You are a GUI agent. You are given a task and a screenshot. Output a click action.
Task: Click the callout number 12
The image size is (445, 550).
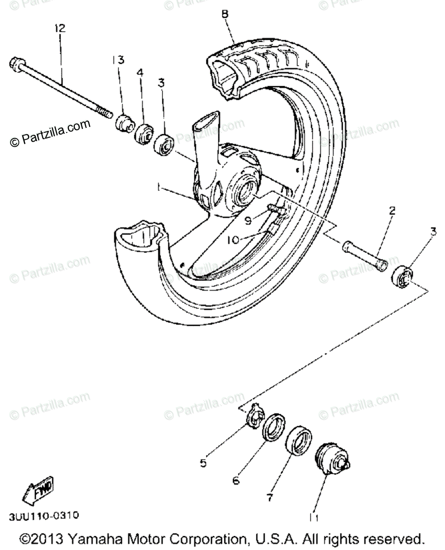(60, 28)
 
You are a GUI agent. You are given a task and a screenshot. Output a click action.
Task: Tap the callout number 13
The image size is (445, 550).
(118, 60)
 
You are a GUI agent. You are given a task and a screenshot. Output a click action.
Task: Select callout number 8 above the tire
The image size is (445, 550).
(224, 14)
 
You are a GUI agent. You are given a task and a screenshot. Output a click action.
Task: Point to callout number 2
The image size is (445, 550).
(392, 211)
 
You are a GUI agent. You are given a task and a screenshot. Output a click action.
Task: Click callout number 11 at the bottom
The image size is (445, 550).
(313, 517)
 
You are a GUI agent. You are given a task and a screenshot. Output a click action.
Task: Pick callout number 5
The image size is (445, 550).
(203, 463)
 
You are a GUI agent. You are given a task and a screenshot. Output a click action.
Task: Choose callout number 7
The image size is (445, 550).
(269, 496)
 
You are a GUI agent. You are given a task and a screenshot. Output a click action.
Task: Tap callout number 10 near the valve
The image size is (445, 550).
(234, 240)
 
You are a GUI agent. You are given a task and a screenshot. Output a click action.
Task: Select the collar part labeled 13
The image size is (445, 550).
(122, 123)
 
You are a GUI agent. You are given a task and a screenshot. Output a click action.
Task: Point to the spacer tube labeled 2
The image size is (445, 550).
(363, 258)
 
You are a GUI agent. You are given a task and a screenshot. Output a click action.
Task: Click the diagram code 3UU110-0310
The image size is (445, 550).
(44, 516)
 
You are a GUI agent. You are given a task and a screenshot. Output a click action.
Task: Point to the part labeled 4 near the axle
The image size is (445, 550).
(143, 133)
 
